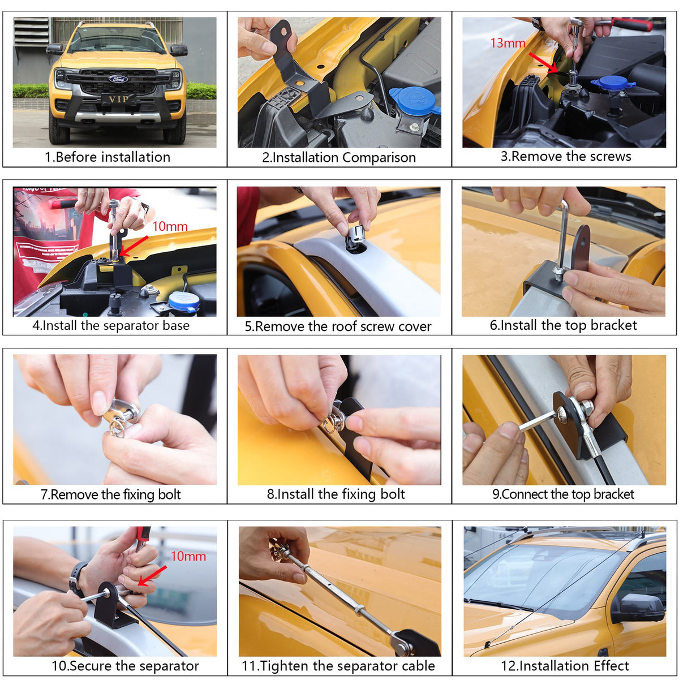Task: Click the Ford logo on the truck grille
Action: pos(118,79)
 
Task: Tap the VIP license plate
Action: pos(118,99)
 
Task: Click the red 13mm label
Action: pos(508,43)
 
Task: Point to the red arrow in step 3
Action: pos(543,63)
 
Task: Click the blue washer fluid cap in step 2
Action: pos(414,101)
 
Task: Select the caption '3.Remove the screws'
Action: pos(566,156)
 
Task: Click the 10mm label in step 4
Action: pos(170,226)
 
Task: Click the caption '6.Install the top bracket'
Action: pos(564,325)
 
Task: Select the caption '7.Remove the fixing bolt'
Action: pos(110,494)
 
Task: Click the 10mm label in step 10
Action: pos(188,557)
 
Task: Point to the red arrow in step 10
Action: pos(152,576)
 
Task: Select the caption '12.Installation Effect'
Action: pos(565,666)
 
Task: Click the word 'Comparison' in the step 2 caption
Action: pos(379,158)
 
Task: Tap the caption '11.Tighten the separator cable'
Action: pos(338,666)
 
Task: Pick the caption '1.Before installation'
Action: pos(108,157)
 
